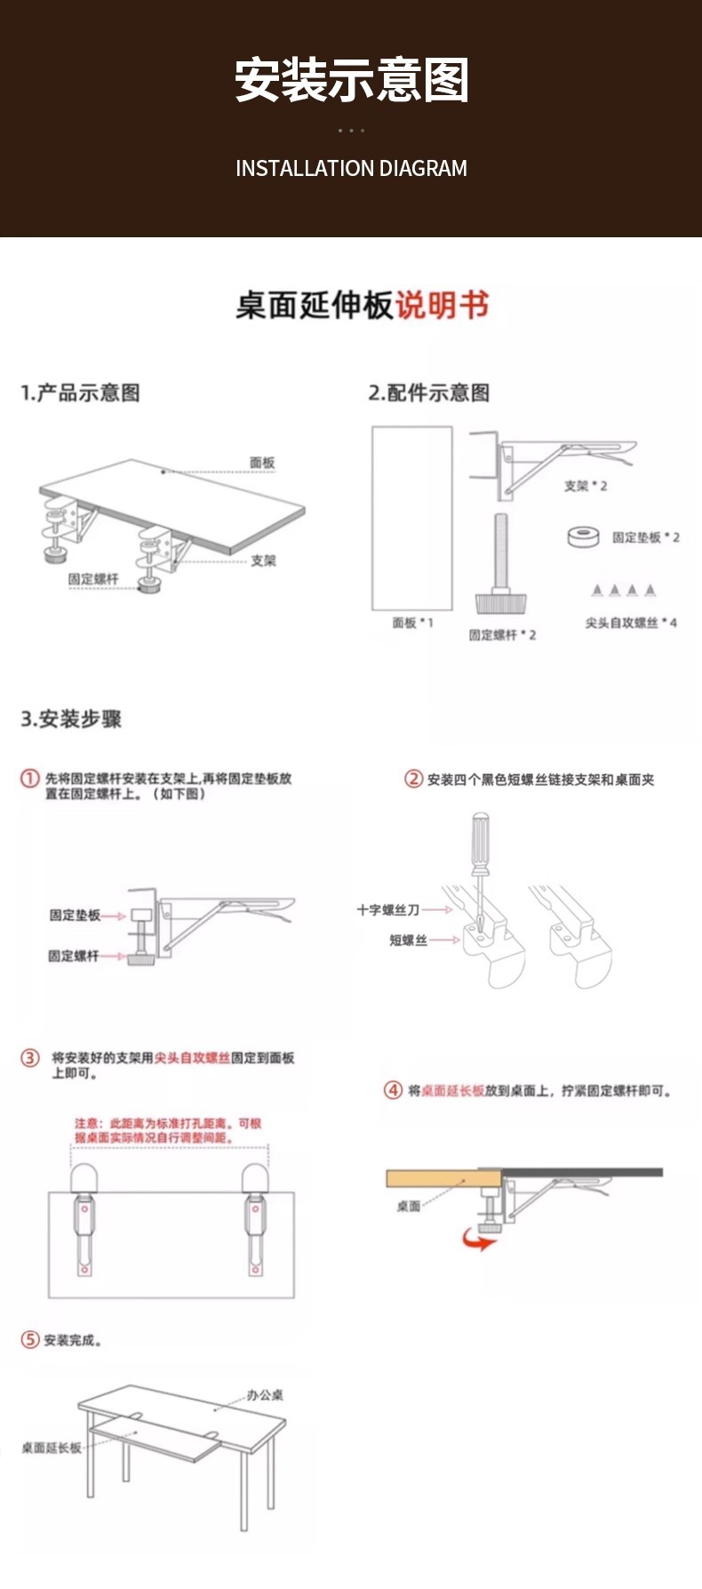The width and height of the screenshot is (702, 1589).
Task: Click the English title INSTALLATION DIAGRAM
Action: pyautogui.click(x=351, y=168)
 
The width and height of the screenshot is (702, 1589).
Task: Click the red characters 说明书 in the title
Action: pyautogui.click(x=442, y=305)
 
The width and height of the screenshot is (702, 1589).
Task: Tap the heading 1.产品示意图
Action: pyautogui.click(x=80, y=393)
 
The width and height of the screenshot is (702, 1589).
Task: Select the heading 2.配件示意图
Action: pyautogui.click(x=429, y=393)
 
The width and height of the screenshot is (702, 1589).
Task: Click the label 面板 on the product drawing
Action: pyautogui.click(x=262, y=462)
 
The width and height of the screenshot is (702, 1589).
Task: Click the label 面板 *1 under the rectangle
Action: pyautogui.click(x=412, y=623)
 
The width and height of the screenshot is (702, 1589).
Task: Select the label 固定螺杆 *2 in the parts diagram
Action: pyautogui.click(x=502, y=635)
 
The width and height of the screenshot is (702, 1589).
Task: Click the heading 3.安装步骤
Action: pyautogui.click(x=71, y=719)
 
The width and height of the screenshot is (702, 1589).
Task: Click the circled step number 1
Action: pyautogui.click(x=30, y=779)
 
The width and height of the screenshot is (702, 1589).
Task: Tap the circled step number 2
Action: pyautogui.click(x=413, y=779)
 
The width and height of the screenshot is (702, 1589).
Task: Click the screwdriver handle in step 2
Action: pyautogui.click(x=480, y=835)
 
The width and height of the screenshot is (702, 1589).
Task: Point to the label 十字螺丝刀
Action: pyautogui.click(x=387, y=910)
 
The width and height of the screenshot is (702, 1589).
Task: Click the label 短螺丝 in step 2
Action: pyautogui.click(x=408, y=940)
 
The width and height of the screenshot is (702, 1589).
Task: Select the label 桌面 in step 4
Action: pyautogui.click(x=409, y=1206)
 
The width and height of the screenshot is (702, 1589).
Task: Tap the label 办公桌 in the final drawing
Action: pyautogui.click(x=265, y=1395)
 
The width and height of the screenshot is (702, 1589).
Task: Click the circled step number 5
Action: pyautogui.click(x=30, y=1339)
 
